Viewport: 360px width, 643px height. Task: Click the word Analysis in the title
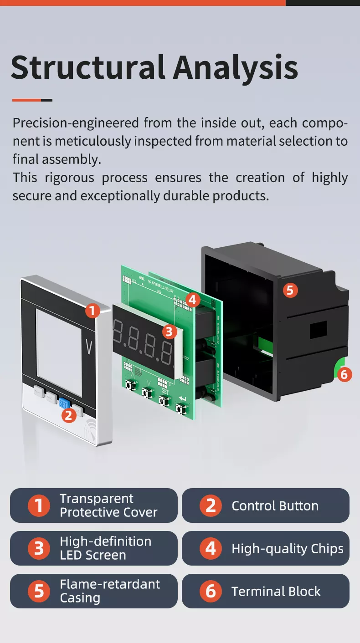(x=235, y=67)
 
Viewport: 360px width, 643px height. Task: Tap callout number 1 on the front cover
(x=93, y=311)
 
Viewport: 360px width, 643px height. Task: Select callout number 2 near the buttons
(x=68, y=415)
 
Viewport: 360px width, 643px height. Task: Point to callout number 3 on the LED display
(x=169, y=331)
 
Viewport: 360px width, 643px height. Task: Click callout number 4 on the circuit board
(x=193, y=300)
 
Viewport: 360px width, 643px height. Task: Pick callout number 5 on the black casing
(x=290, y=290)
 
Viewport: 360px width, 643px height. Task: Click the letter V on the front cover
(x=89, y=347)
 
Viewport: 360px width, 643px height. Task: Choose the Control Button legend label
(x=275, y=506)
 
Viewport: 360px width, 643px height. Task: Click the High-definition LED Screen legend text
(x=105, y=548)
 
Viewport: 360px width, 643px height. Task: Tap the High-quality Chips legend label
(x=287, y=549)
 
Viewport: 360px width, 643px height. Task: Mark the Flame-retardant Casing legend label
(x=109, y=591)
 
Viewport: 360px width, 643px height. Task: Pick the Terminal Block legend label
(x=276, y=592)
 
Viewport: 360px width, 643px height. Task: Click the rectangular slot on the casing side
(x=319, y=330)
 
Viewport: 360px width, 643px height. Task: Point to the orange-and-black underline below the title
(x=32, y=100)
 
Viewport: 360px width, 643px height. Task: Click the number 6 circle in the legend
(x=211, y=591)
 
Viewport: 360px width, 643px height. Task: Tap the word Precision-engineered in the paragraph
(x=76, y=123)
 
